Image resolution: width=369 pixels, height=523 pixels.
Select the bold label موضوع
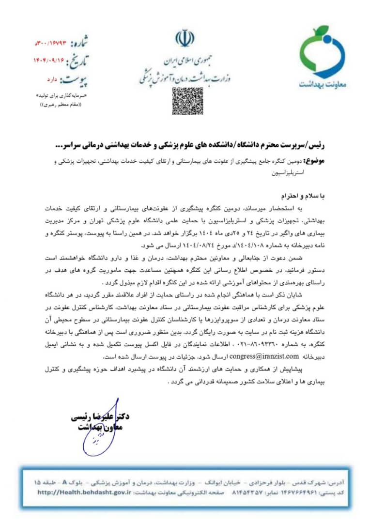(x=319, y=160)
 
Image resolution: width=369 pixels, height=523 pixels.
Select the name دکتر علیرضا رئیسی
(x=100, y=416)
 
